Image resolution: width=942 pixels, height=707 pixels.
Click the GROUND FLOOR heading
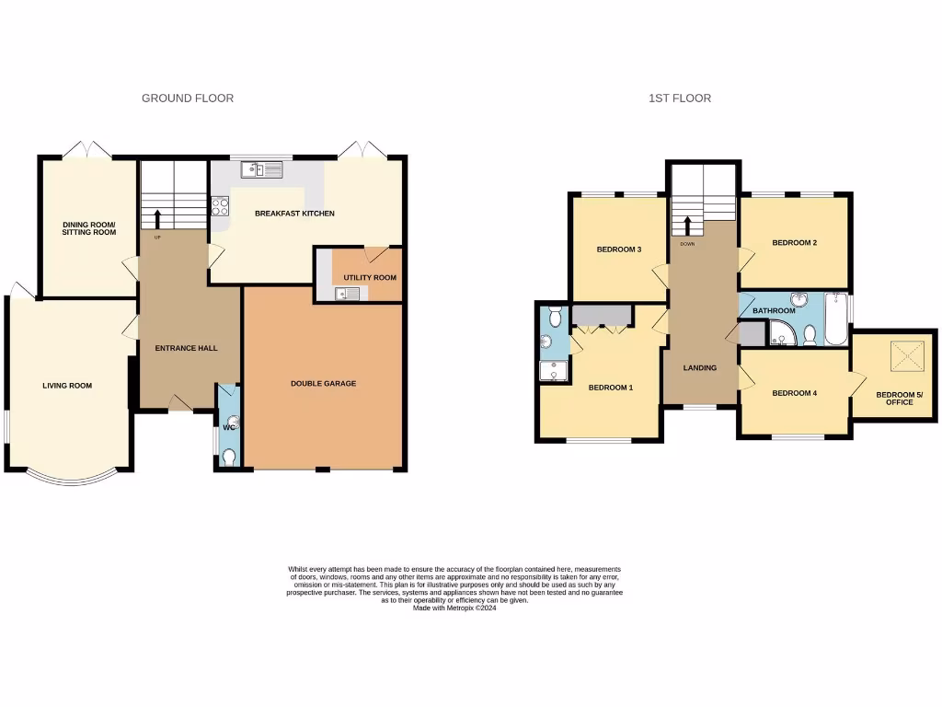point(187,99)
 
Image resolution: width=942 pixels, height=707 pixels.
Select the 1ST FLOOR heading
point(679,99)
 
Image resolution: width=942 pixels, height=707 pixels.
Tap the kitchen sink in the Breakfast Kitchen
point(264,169)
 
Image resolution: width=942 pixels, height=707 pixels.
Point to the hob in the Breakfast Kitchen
point(221,207)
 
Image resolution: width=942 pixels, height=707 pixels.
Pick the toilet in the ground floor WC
point(228,457)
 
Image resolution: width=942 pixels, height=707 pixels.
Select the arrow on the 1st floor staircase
point(686,225)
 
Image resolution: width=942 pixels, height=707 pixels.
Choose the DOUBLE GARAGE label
point(323,384)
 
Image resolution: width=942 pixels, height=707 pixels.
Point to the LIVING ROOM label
point(67,386)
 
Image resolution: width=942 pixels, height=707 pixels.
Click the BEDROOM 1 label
point(611,388)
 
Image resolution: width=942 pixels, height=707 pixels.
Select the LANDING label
point(699,368)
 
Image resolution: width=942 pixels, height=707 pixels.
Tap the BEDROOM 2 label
point(794,243)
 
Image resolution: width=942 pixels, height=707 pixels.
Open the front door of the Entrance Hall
point(181,405)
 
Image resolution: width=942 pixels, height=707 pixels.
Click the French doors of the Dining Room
point(88,150)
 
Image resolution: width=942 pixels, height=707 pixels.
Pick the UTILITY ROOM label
point(370,277)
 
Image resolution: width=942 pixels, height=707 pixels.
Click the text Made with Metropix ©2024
point(454,608)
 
